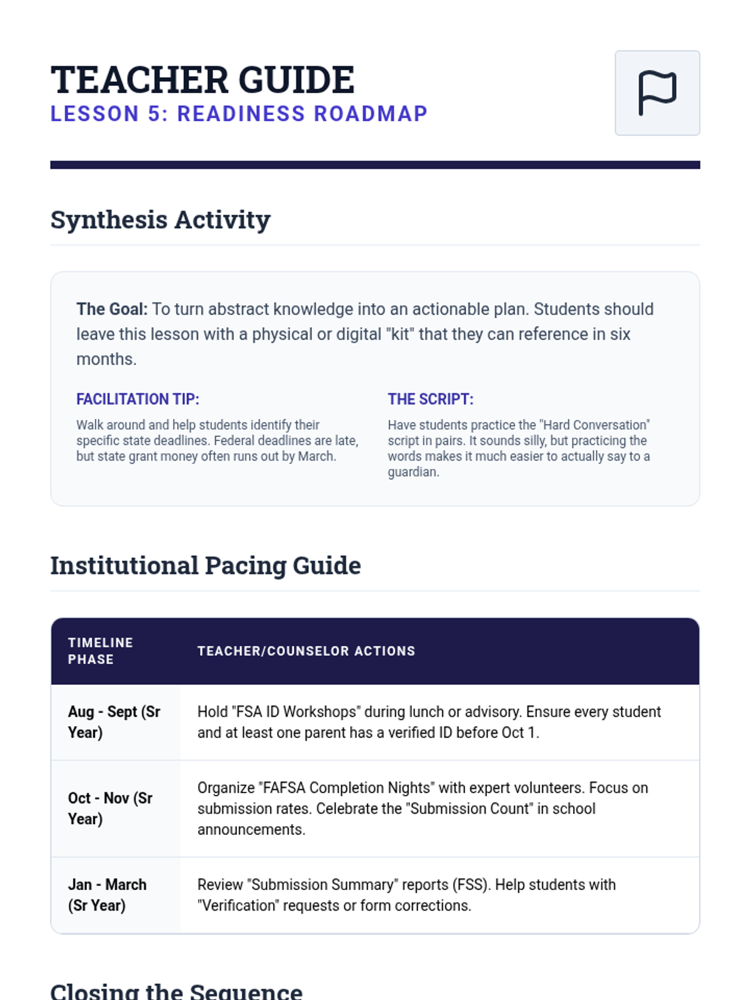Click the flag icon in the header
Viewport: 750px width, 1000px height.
[x=657, y=93]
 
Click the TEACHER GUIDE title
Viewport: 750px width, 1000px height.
[x=202, y=80]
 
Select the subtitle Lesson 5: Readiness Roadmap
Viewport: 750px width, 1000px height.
[x=239, y=114]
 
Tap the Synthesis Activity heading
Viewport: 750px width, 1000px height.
[x=160, y=220]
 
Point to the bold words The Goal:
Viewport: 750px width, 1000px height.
[x=112, y=309]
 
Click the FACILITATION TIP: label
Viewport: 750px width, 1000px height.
[x=137, y=399]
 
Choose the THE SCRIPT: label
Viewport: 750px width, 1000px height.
[x=431, y=399]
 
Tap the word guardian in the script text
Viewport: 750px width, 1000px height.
[x=412, y=472]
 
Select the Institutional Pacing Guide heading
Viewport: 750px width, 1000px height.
[x=206, y=566]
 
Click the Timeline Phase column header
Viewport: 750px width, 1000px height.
[x=100, y=651]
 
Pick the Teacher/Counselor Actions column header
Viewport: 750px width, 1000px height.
[x=306, y=651]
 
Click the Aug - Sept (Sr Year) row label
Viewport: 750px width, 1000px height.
[x=114, y=722]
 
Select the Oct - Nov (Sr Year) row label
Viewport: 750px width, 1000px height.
[x=111, y=808]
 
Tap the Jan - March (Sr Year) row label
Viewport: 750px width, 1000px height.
[x=107, y=895]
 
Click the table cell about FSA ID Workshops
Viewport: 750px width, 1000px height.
[x=429, y=722]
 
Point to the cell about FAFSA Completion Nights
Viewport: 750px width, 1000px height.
[x=422, y=808]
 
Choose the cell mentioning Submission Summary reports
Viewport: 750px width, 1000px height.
[x=406, y=895]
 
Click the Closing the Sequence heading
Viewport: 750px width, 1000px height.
[x=176, y=991]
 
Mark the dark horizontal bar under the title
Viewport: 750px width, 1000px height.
[x=375, y=165]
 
